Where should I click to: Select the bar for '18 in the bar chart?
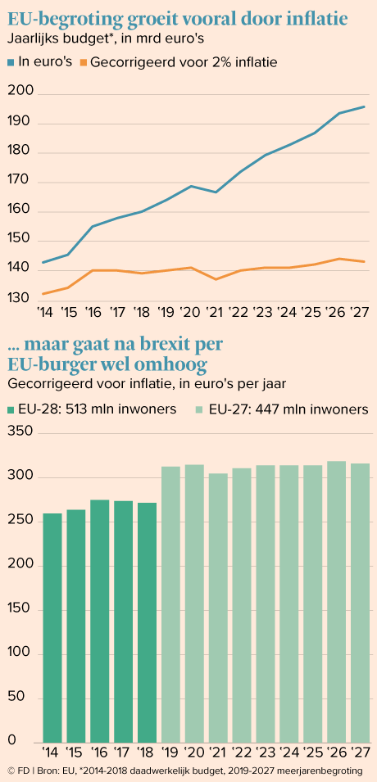tap(148, 622)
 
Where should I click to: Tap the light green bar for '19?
tap(170, 604)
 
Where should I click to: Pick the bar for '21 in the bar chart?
tap(218, 608)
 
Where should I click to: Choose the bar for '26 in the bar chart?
tap(337, 602)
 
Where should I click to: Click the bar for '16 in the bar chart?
tap(100, 621)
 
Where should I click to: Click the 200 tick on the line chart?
tap(20, 93)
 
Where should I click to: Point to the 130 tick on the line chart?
tap(20, 299)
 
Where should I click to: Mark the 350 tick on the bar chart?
tap(20, 432)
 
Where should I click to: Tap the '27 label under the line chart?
tap(360, 313)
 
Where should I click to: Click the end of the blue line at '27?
tap(364, 106)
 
